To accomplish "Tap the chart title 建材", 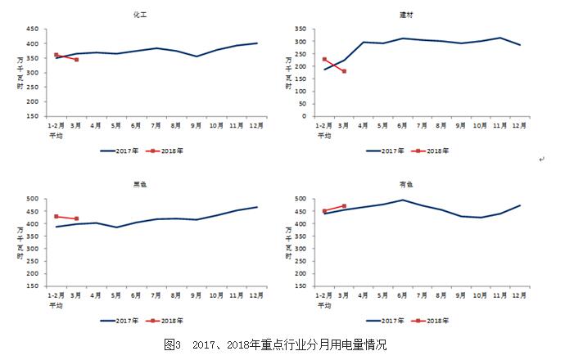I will (418, 16).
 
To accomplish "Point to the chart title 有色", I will (418, 185).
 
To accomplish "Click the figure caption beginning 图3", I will (275, 344).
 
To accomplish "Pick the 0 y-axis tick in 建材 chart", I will (302, 116).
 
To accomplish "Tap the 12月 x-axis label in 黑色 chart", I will (256, 293).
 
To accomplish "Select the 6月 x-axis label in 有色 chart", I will (402, 293).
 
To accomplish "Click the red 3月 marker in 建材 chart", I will (344, 71).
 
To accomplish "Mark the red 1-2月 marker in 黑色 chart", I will (56, 216).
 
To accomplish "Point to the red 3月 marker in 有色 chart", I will (344, 206).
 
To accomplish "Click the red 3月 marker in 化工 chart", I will (76, 60).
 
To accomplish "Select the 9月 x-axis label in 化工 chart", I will (197, 124).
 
